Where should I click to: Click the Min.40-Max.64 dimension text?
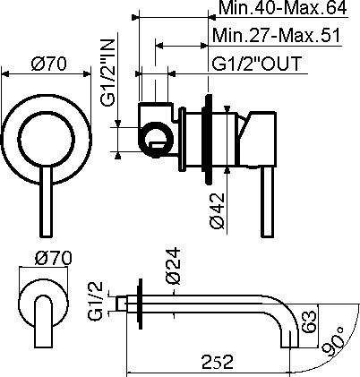click(283, 8)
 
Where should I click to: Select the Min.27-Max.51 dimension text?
click(276, 36)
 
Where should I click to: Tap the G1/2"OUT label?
click(257, 64)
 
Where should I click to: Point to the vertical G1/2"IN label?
click(107, 73)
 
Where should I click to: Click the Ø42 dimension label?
click(217, 210)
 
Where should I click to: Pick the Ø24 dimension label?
click(173, 265)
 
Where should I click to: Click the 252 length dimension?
click(218, 362)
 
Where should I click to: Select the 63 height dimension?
click(309, 321)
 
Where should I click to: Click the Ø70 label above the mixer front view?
click(49, 64)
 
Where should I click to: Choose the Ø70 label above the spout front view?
click(54, 258)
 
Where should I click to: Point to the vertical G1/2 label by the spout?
click(96, 301)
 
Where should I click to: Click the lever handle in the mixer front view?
click(47, 202)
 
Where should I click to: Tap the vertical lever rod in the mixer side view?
click(267, 202)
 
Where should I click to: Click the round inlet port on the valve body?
click(156, 140)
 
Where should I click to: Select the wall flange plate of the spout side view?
click(140, 304)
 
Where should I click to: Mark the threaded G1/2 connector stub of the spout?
click(121, 304)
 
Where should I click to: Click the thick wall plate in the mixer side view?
click(208, 140)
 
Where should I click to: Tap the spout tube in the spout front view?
click(44, 321)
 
